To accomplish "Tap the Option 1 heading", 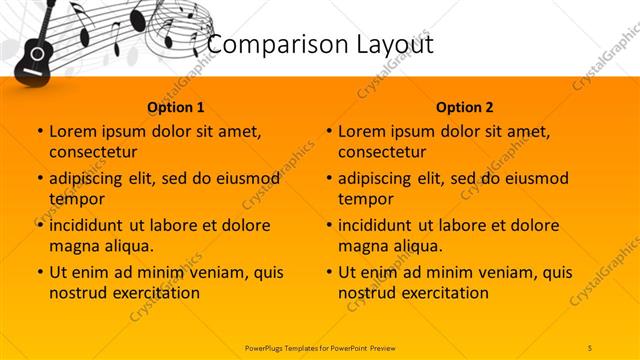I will coord(176,106).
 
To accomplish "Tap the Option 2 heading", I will coord(464,106).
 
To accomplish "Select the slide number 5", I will coord(590,346).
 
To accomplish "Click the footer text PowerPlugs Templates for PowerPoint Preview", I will coord(320,346).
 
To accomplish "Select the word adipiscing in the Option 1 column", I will coord(91,179).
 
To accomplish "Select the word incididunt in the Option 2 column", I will coord(380,225).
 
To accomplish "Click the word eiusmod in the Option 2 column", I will coord(534,179).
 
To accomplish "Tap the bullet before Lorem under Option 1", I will coord(39,131).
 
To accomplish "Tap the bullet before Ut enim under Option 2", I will coord(328,272).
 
